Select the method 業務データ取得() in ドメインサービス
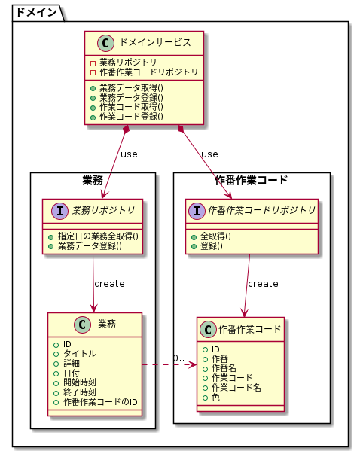[131, 88]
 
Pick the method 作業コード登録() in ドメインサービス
[131, 117]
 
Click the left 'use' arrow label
[129, 154]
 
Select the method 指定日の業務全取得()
[102, 236]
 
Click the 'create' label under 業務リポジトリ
[109, 284]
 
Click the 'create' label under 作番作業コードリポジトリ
[263, 284]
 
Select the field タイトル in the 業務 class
[79, 354]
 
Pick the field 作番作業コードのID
[100, 402]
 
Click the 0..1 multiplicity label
[181, 358]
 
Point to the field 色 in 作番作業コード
[215, 397]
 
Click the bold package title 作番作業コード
[252, 180]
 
